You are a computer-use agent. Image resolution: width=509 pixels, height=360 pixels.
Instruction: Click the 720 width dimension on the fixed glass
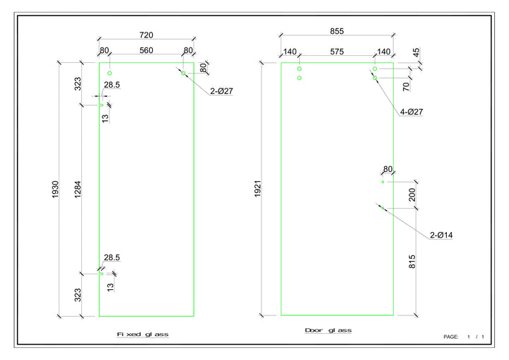point(146,35)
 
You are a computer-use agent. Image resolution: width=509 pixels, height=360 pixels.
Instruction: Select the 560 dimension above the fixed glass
point(146,50)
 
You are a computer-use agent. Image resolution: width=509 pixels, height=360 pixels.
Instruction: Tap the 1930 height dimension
point(56,189)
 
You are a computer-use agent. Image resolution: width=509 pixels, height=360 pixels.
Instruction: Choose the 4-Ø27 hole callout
point(411,112)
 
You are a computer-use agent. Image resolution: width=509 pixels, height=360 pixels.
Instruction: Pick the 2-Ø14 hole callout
point(440,235)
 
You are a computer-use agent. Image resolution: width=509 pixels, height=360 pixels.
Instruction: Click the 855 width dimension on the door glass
point(337,31)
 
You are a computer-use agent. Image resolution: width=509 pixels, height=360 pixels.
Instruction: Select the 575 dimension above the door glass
point(337,52)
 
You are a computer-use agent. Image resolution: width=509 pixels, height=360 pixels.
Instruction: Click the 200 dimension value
point(412,194)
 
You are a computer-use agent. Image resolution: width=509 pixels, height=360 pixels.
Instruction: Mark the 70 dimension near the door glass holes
point(406,88)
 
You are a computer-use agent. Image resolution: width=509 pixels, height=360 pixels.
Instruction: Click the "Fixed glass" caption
point(143,334)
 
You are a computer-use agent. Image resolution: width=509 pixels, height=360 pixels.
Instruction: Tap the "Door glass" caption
point(328,330)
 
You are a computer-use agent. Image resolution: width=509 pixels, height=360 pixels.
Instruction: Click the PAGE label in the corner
point(451,337)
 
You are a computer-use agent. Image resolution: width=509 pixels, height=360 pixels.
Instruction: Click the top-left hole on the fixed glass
point(110,73)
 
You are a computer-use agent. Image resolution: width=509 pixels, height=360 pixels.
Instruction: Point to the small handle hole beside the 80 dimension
point(382,182)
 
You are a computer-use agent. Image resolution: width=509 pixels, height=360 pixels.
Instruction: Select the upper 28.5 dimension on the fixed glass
point(112,85)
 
